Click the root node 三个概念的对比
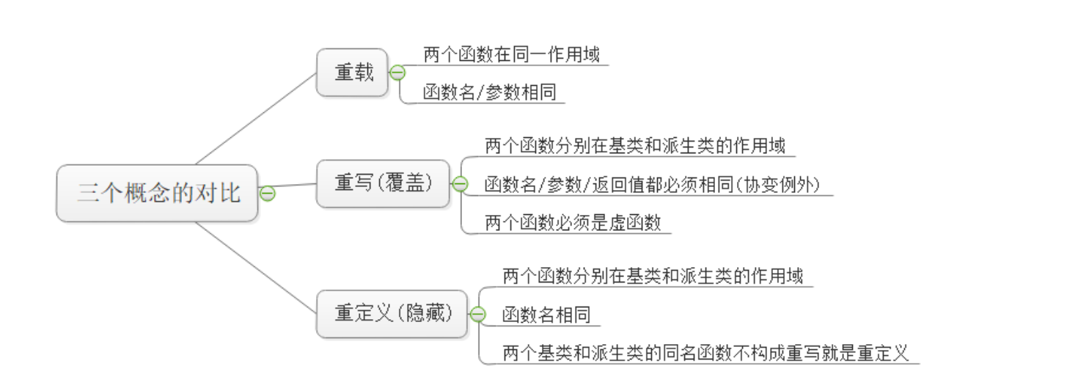tap(158, 194)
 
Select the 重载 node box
tap(353, 73)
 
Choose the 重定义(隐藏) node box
tap(392, 314)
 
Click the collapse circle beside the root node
tap(268, 194)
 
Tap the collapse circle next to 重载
tap(397, 73)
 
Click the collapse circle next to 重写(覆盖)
tap(460, 184)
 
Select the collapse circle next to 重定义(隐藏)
tap(477, 314)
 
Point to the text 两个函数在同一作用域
tap(511, 55)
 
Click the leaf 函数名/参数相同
tap(489, 92)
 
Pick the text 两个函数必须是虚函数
tap(573, 223)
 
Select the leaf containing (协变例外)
tap(652, 185)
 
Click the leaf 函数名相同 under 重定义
tap(546, 315)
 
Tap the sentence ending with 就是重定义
tap(705, 353)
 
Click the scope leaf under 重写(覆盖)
tap(635, 146)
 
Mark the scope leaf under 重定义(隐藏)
tap(653, 277)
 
